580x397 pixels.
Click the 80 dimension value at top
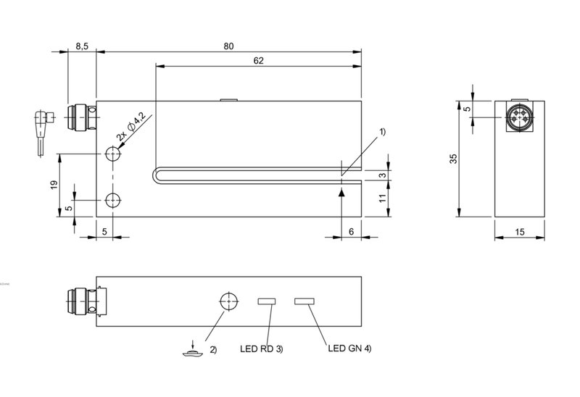(228, 46)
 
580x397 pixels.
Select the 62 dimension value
(259, 61)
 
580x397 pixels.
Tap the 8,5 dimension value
(82, 46)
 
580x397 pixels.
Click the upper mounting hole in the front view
(113, 154)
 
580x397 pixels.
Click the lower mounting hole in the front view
(113, 201)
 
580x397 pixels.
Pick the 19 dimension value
(54, 185)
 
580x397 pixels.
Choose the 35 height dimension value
(454, 159)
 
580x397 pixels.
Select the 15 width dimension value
(519, 232)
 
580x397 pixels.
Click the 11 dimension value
(383, 198)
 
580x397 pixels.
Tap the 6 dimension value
(352, 232)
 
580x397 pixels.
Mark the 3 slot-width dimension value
(383, 175)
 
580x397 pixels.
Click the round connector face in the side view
(519, 117)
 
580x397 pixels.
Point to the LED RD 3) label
(262, 348)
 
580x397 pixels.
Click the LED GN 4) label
(349, 348)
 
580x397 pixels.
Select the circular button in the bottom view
(229, 301)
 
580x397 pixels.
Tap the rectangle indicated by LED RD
(267, 301)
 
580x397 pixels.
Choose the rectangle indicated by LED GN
(304, 301)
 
